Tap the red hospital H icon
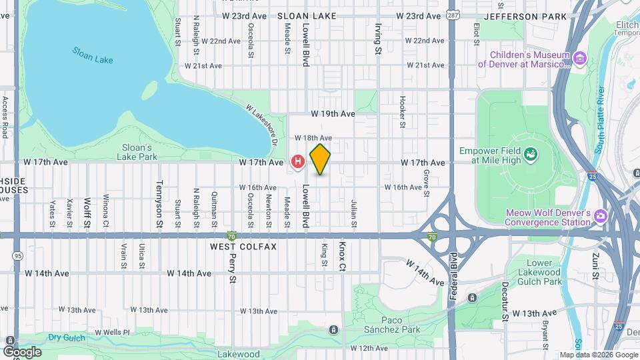click(298, 161)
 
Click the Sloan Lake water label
click(93, 55)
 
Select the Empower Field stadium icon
click(531, 155)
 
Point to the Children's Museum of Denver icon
click(580, 59)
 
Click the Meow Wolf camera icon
click(601, 215)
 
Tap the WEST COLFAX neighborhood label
click(243, 247)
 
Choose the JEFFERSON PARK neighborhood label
click(525, 16)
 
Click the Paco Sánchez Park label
click(392, 325)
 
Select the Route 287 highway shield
click(453, 15)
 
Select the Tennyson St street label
click(159, 196)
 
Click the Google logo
click(22, 351)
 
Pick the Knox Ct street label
click(343, 255)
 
